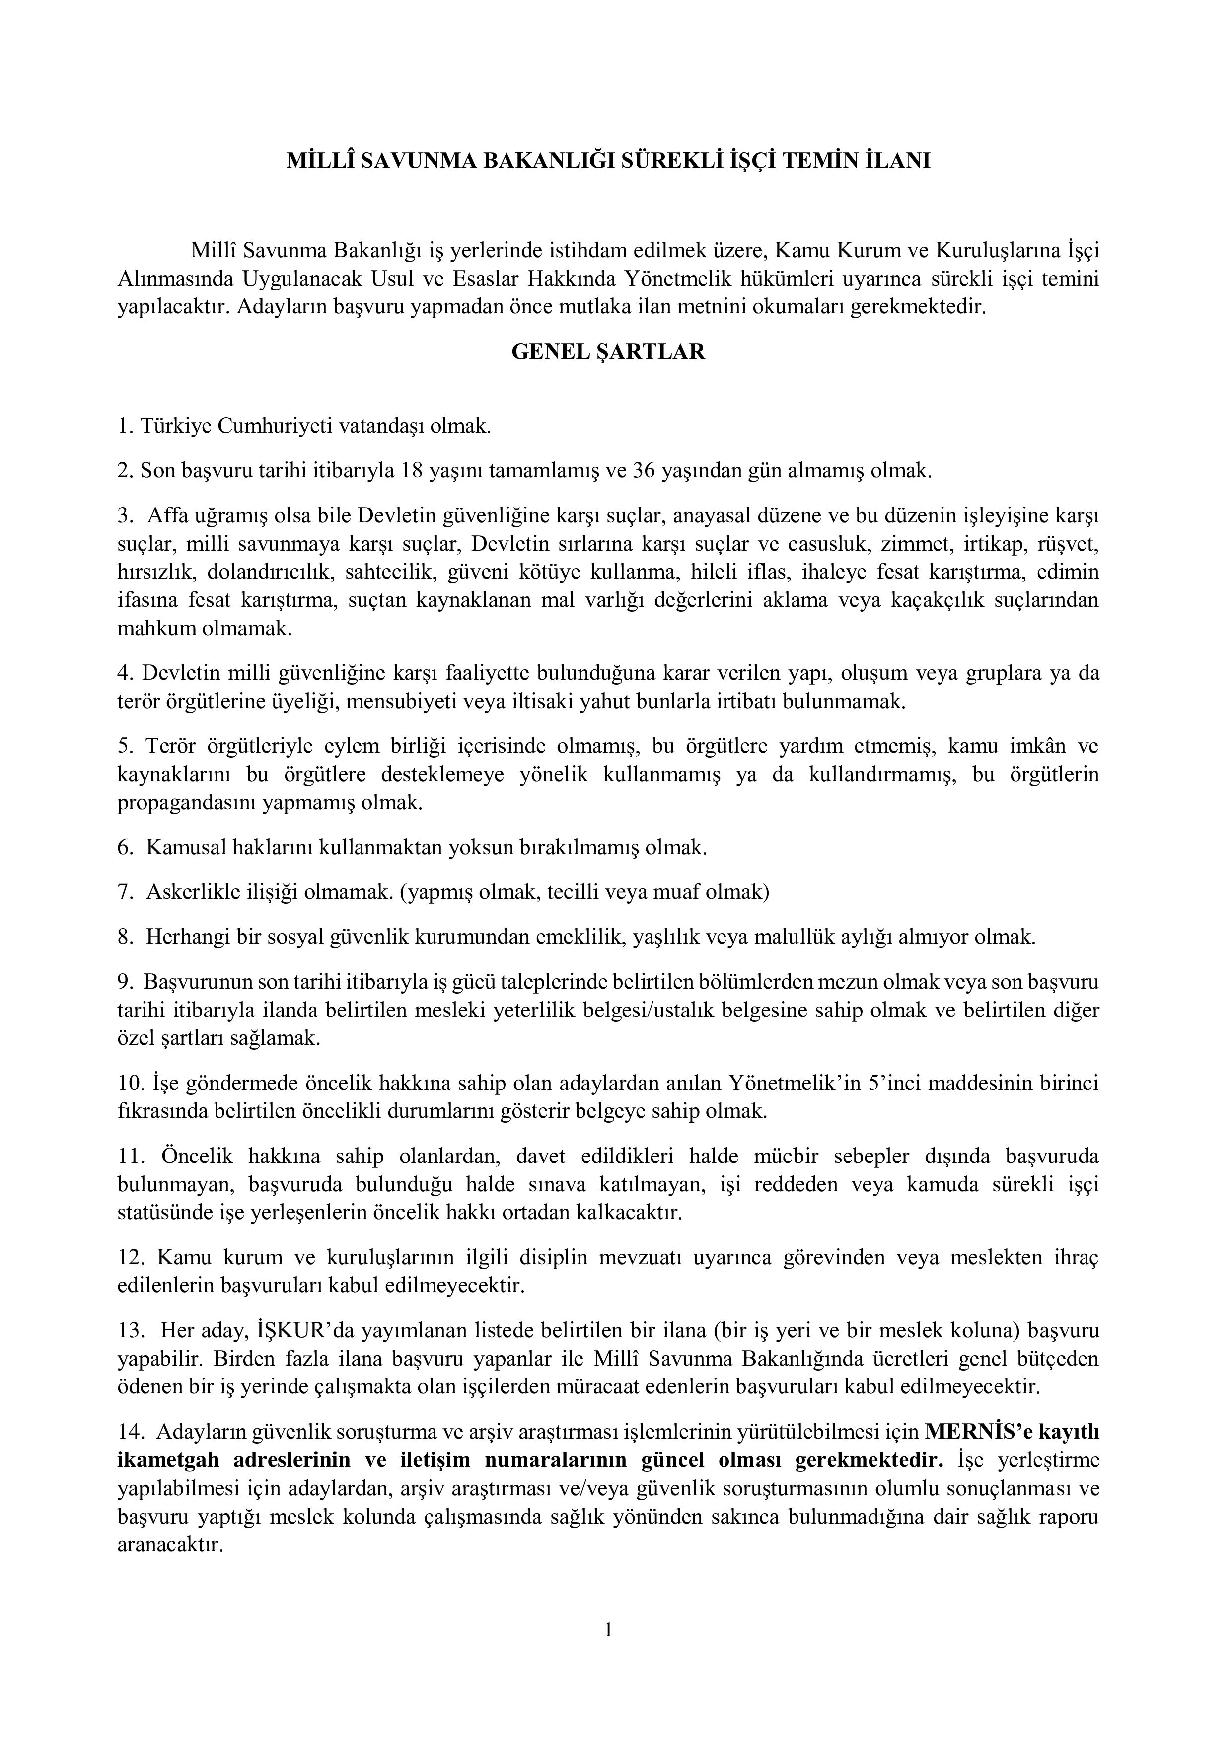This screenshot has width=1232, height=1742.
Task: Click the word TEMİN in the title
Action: pyautogui.click(x=823, y=161)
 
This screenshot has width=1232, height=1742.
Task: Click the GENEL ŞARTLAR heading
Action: pyautogui.click(x=608, y=352)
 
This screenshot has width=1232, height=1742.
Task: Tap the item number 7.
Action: pyautogui.click(x=125, y=891)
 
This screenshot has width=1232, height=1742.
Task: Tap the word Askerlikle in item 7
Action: pyautogui.click(x=180, y=891)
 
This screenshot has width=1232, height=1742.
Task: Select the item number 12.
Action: pyautogui.click(x=131, y=1257)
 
